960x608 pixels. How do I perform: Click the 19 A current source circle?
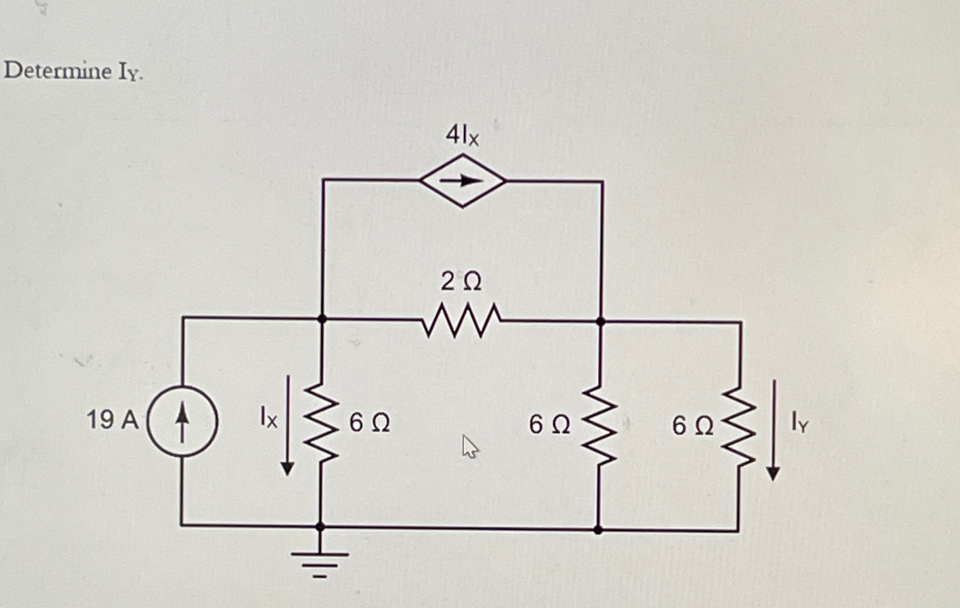pos(182,421)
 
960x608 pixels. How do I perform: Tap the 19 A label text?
pos(112,420)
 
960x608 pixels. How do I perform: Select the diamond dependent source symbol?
pos(462,181)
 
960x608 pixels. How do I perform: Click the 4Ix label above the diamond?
pos(462,136)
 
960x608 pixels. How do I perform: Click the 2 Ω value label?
pos(461,282)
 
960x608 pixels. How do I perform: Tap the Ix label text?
pos(268,417)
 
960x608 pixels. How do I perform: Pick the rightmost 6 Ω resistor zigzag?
pos(739,427)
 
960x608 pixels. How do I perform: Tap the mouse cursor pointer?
pos(469,447)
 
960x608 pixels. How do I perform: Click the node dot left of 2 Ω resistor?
pos(322,319)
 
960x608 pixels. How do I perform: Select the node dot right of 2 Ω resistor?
pos(600,321)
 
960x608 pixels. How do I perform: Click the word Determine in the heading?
pos(58,71)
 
